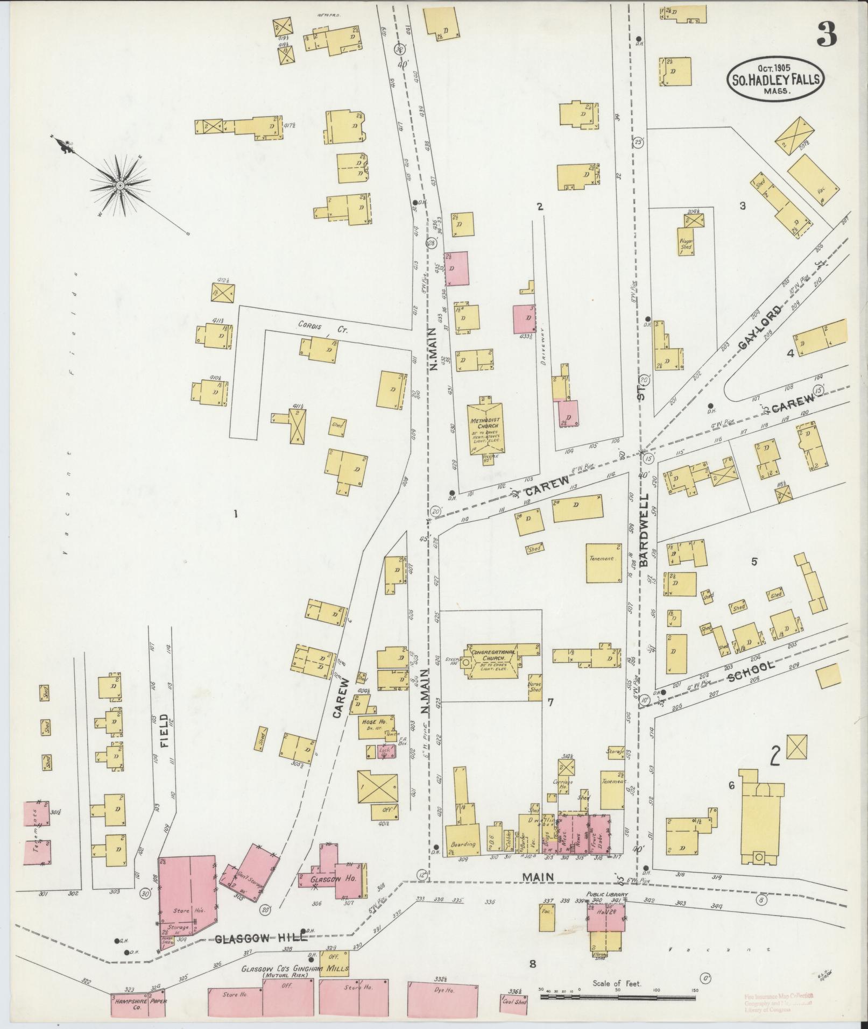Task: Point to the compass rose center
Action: point(121,186)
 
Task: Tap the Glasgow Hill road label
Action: point(261,938)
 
